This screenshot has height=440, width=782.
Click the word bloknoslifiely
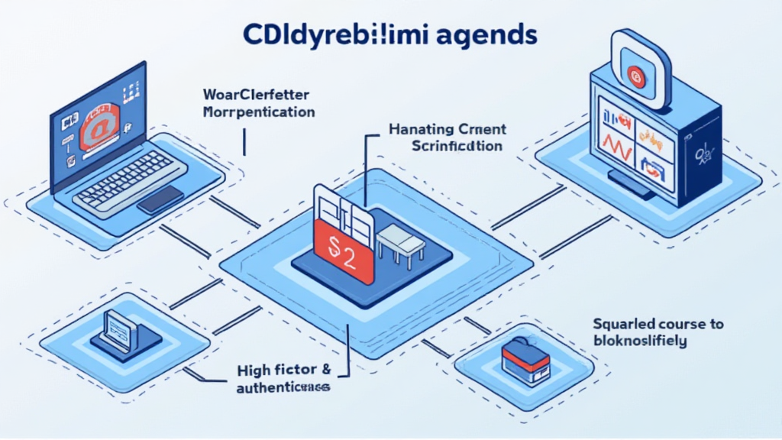click(x=640, y=341)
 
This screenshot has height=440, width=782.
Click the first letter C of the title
click(x=253, y=36)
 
